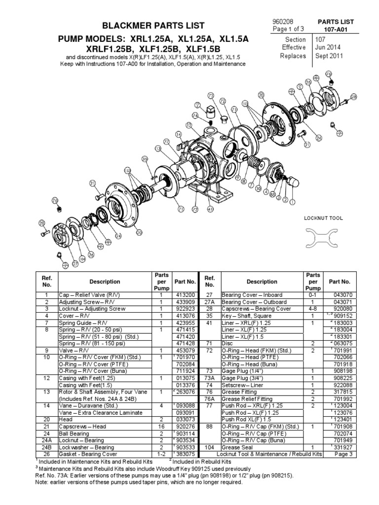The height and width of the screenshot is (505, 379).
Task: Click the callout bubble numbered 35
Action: [145, 159]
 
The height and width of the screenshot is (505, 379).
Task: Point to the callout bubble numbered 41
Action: [210, 209]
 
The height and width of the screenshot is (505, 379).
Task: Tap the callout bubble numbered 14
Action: [178, 134]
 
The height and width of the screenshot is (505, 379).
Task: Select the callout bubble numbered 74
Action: [195, 115]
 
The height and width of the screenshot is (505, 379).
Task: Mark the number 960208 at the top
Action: [283, 22]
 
